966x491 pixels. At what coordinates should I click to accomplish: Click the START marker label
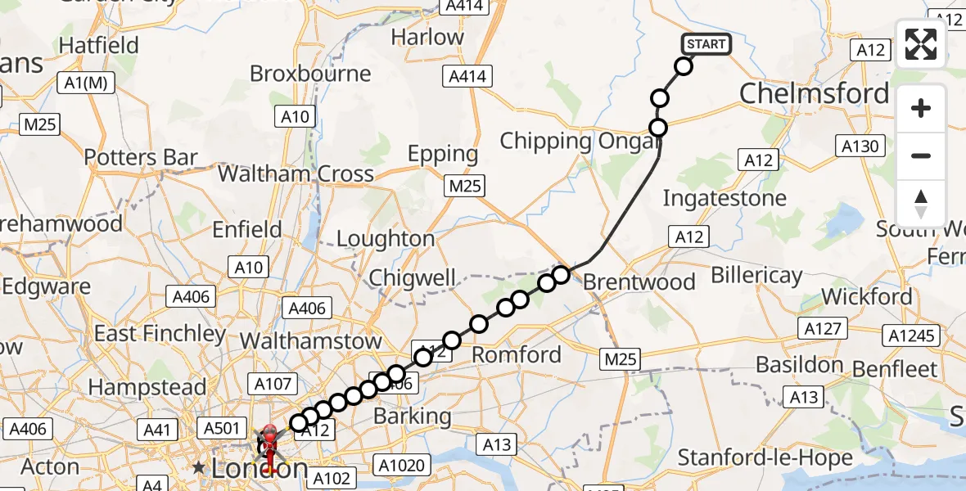pyautogui.click(x=706, y=44)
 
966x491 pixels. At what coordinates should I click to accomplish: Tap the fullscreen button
pyautogui.click(x=921, y=44)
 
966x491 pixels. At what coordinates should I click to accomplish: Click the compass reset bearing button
pyautogui.click(x=921, y=204)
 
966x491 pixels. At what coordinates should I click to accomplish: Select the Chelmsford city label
pyautogui.click(x=814, y=94)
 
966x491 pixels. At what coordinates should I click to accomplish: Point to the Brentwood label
pyautogui.click(x=639, y=282)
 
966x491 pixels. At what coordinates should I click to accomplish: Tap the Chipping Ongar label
pyautogui.click(x=580, y=141)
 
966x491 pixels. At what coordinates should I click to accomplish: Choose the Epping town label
pyautogui.click(x=443, y=154)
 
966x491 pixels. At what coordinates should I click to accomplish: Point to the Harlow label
pyautogui.click(x=427, y=37)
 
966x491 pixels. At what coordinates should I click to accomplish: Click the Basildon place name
pyautogui.click(x=800, y=364)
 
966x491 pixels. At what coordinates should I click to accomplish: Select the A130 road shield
pyautogui.click(x=860, y=146)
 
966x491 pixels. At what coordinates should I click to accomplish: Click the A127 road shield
pyautogui.click(x=823, y=329)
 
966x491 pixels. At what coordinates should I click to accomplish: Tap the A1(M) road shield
pyautogui.click(x=86, y=82)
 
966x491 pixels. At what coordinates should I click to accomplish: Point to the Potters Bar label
pyautogui.click(x=141, y=157)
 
